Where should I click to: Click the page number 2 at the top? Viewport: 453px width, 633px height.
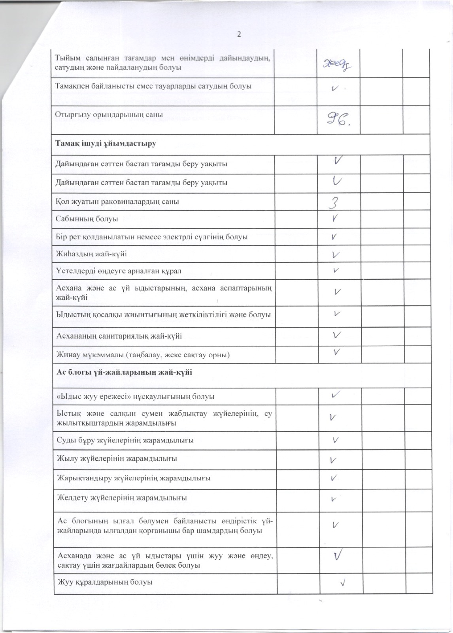point(239,34)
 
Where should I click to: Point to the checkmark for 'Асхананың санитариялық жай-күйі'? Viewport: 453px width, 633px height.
point(337,335)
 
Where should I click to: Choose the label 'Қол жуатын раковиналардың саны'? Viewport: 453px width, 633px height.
point(117,202)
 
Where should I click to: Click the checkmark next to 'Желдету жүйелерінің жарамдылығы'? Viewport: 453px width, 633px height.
point(334,499)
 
